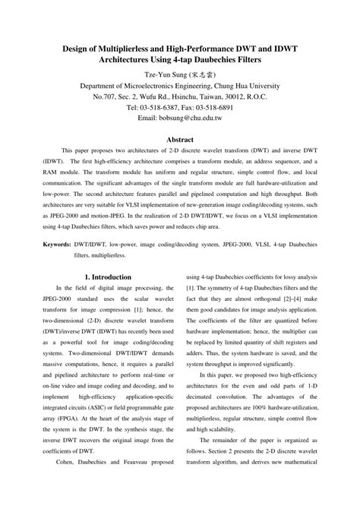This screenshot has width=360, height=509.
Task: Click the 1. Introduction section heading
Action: pos(109,277)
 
